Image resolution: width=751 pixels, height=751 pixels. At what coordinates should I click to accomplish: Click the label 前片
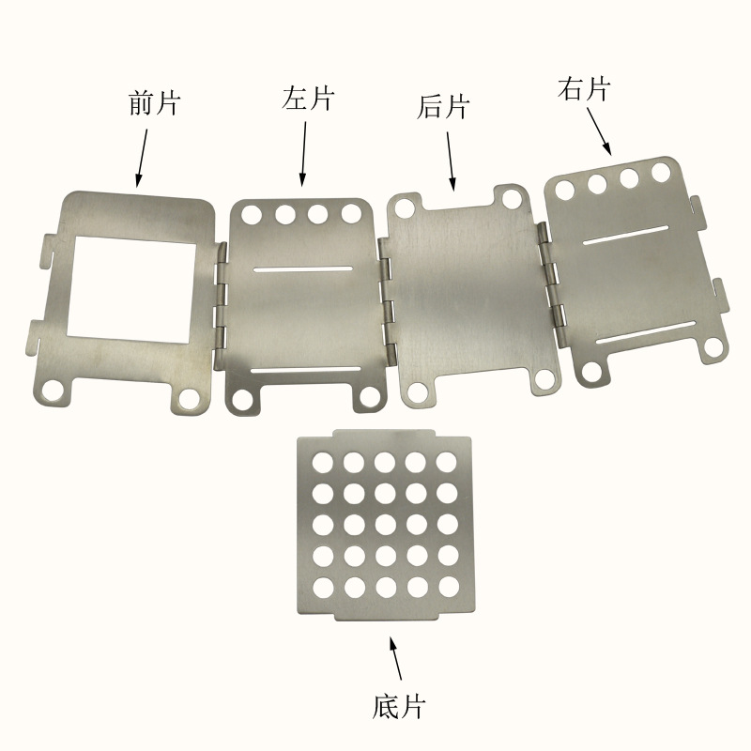tap(154, 103)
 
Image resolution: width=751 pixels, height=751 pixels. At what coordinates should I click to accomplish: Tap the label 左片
tap(308, 99)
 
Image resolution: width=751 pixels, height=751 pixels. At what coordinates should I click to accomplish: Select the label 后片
tap(443, 107)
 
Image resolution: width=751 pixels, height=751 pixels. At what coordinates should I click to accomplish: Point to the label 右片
tap(584, 89)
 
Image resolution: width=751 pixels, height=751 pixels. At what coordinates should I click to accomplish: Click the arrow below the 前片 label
tap(142, 158)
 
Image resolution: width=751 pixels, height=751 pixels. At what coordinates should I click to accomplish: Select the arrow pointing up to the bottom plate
tap(395, 658)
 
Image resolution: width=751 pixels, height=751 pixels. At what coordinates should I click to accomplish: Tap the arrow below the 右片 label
tap(599, 131)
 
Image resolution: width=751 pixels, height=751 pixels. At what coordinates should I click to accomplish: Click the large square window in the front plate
tap(131, 289)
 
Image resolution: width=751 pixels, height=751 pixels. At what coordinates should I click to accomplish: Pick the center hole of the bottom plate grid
tap(386, 525)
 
